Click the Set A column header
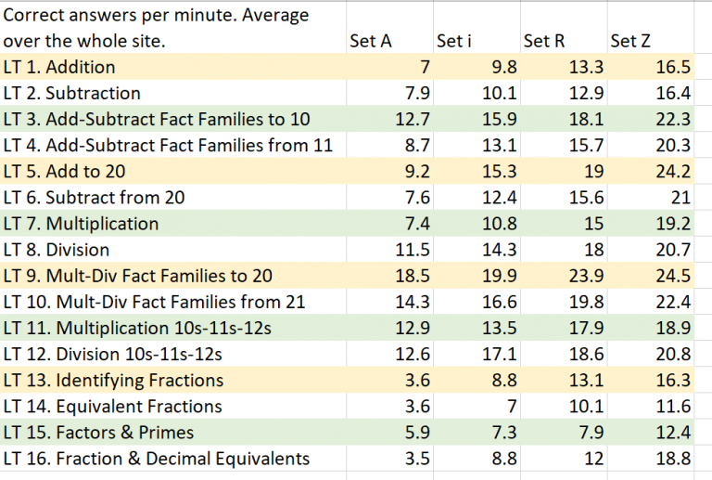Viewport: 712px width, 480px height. [x=371, y=41]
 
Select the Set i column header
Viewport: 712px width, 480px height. [x=454, y=41]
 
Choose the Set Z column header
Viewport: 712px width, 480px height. [x=630, y=41]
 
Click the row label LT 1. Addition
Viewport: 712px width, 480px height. [x=60, y=67]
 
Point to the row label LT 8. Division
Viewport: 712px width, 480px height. [x=57, y=250]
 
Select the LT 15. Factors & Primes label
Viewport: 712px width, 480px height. [x=99, y=433]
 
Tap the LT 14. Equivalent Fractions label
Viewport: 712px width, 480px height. [x=113, y=407]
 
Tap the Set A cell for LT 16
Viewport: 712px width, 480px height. [x=416, y=459]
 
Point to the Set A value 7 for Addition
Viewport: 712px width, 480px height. [x=425, y=67]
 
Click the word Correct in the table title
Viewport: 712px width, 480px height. [x=33, y=16]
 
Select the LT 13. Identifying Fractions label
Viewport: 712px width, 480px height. [x=114, y=381]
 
